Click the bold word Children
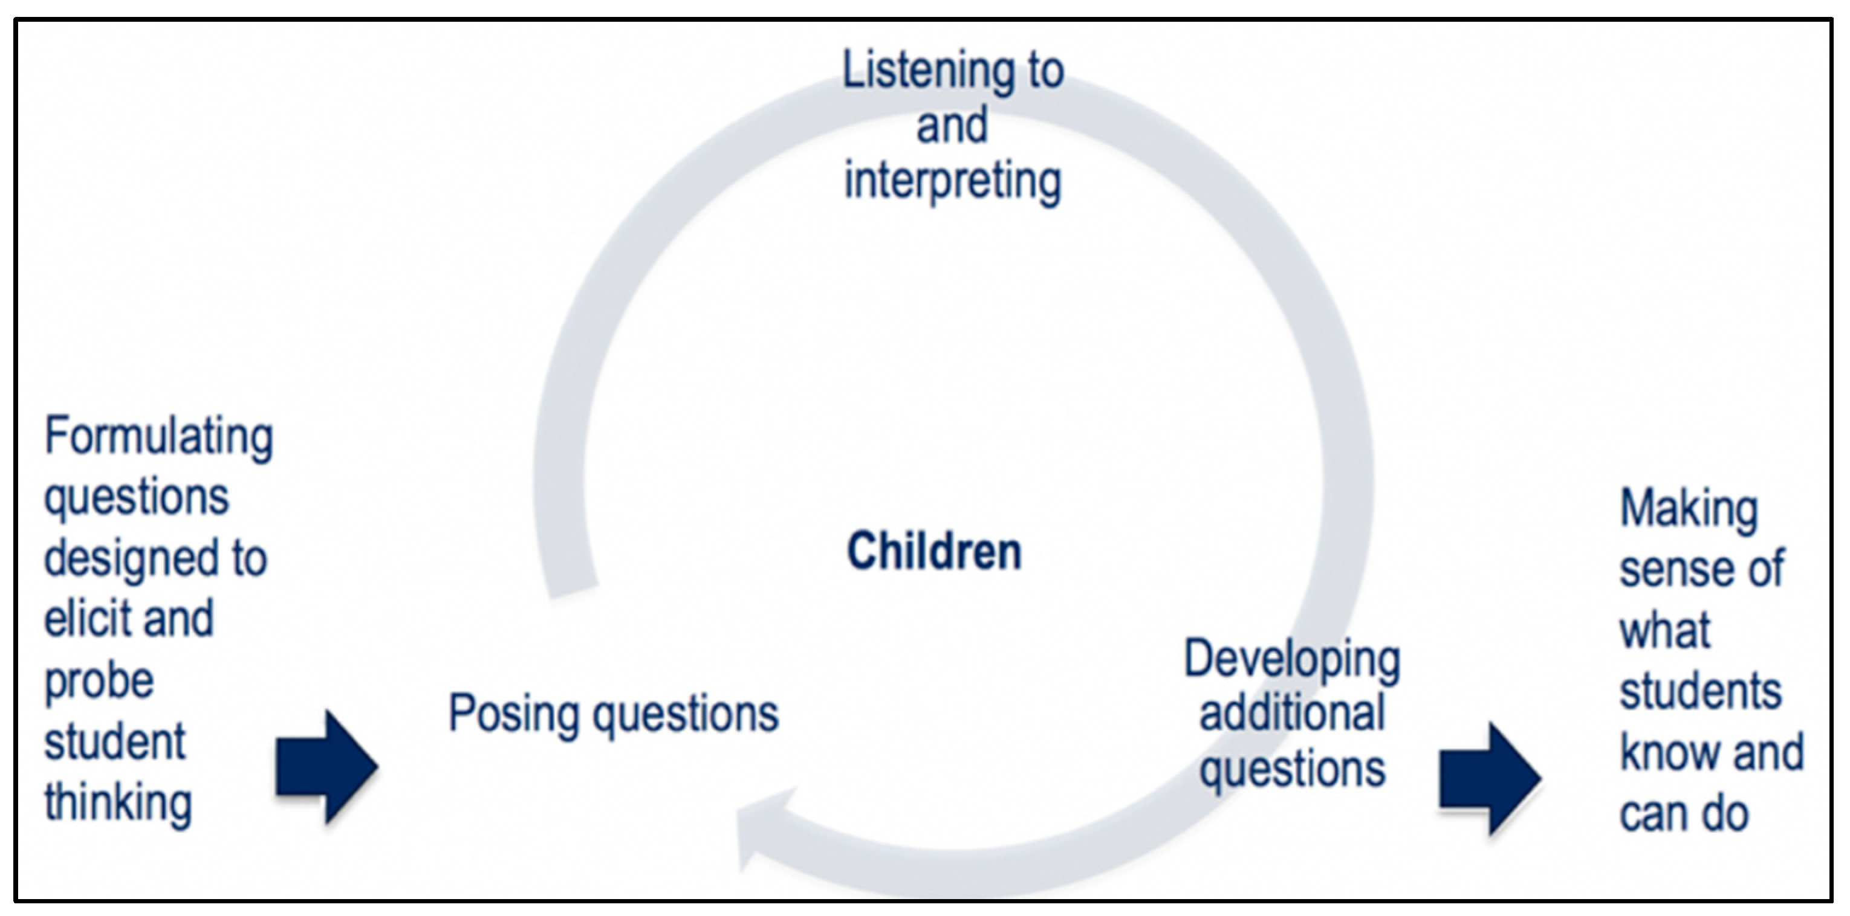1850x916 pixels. (x=933, y=551)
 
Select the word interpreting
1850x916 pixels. (x=952, y=181)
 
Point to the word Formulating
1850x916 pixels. (x=159, y=437)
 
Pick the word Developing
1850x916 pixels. (x=1292, y=660)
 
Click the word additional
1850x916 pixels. (x=1292, y=714)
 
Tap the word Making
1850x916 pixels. (x=1689, y=511)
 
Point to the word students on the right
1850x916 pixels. (x=1701, y=692)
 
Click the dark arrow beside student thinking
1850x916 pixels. (x=326, y=767)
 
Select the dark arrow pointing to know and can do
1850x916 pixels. (x=1490, y=778)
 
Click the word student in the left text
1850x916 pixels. (x=115, y=742)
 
